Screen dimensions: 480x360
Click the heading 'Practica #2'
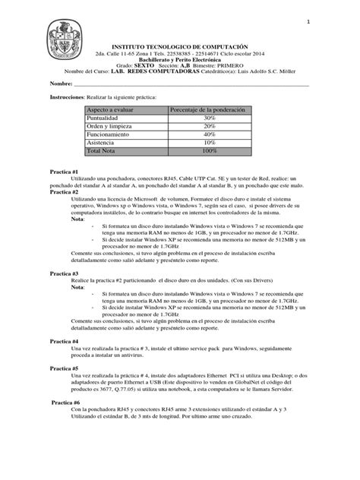65,192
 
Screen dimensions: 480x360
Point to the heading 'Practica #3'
65,271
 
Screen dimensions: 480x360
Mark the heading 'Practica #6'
66,403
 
